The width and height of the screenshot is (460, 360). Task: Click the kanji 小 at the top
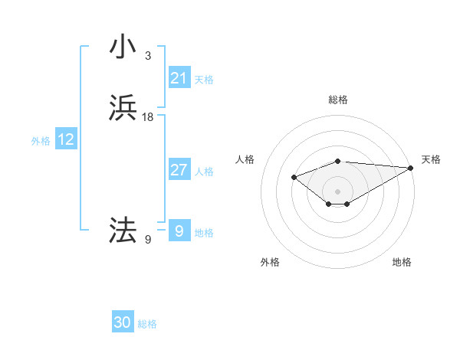coord(123,47)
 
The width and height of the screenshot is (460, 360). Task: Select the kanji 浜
coord(123,108)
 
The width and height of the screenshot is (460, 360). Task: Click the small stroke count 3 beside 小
coord(148,56)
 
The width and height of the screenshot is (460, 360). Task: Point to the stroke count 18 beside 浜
coord(148,117)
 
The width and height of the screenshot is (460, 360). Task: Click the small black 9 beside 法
coord(148,240)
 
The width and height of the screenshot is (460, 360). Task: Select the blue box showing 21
coord(179,78)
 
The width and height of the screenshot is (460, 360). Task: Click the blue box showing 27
coord(179,170)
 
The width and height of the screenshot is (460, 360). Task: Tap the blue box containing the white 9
coord(179,231)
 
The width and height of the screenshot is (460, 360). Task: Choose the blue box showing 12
coord(66,139)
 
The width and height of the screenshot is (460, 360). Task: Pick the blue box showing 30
coord(123,322)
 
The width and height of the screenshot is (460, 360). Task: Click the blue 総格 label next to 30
coord(147,324)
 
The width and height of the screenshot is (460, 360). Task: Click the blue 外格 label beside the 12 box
coord(41,141)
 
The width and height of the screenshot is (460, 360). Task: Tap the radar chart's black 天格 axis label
coord(431,159)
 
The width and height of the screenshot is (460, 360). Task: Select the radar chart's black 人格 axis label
coord(245,159)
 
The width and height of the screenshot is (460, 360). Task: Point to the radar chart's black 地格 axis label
coord(402,262)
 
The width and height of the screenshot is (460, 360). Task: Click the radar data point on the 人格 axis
coord(294,178)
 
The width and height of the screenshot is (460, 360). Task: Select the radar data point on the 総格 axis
coord(337,162)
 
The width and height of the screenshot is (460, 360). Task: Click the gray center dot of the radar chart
coord(337,191)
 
